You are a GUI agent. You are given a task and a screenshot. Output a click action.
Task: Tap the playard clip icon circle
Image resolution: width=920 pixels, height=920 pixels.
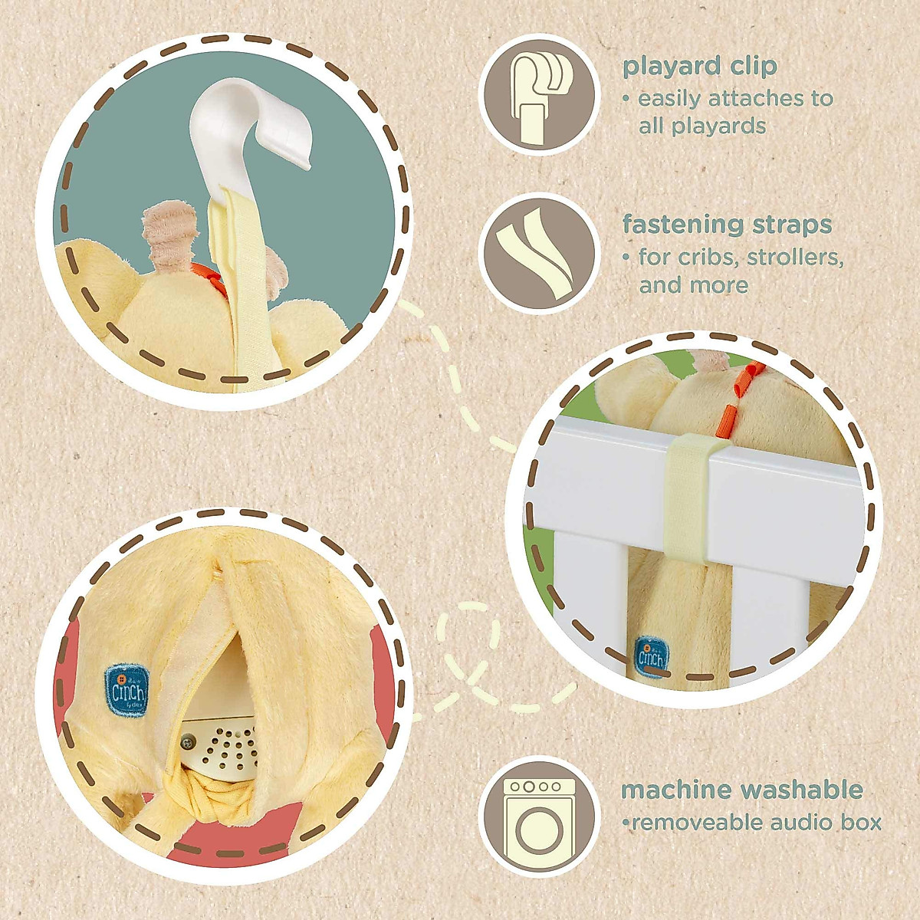[538, 95]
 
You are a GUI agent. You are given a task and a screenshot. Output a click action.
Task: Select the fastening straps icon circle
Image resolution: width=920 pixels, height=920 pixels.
[538, 252]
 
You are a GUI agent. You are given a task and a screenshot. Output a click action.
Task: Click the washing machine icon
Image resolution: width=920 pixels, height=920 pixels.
[538, 813]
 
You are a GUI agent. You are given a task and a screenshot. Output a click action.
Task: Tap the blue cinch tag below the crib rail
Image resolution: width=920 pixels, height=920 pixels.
[652, 654]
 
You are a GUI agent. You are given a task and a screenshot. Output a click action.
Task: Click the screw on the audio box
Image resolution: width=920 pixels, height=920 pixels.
[186, 741]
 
